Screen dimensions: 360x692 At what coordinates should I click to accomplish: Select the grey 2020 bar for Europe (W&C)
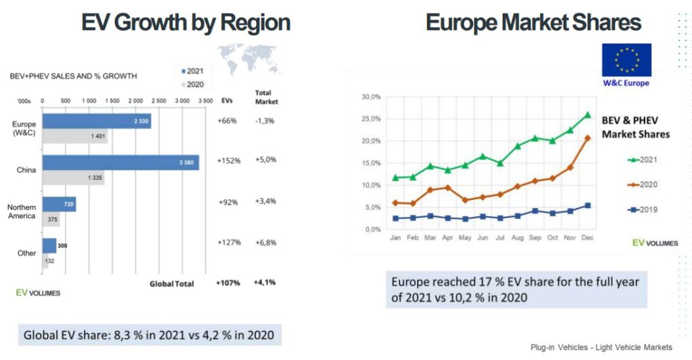[x=74, y=136]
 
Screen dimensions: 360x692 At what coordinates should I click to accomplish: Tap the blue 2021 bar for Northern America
[x=59, y=204]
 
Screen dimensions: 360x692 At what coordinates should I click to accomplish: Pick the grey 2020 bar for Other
[x=45, y=261]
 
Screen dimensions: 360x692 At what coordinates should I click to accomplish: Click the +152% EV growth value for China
[x=229, y=161]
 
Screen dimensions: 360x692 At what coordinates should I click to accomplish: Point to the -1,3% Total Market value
[x=265, y=120]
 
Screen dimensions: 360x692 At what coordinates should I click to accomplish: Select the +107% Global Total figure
[x=228, y=282]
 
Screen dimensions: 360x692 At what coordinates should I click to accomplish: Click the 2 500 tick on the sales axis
[x=158, y=101]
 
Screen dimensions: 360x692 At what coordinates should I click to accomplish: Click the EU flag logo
[x=626, y=60]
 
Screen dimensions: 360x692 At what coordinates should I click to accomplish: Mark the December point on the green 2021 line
[x=587, y=115]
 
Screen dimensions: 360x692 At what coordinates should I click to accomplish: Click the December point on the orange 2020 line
[x=587, y=138]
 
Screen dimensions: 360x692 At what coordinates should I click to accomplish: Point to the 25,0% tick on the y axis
[x=372, y=119]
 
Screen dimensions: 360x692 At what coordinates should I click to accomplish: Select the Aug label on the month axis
[x=517, y=238]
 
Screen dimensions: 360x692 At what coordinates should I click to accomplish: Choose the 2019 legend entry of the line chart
[x=642, y=209]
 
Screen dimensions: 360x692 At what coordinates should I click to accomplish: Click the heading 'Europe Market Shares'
[x=533, y=22]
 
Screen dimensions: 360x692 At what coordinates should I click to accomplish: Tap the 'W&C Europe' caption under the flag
[x=626, y=83]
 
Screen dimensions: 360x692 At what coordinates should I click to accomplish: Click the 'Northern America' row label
[x=21, y=211]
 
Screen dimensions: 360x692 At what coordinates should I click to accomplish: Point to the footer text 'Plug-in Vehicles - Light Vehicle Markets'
[x=601, y=347]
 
